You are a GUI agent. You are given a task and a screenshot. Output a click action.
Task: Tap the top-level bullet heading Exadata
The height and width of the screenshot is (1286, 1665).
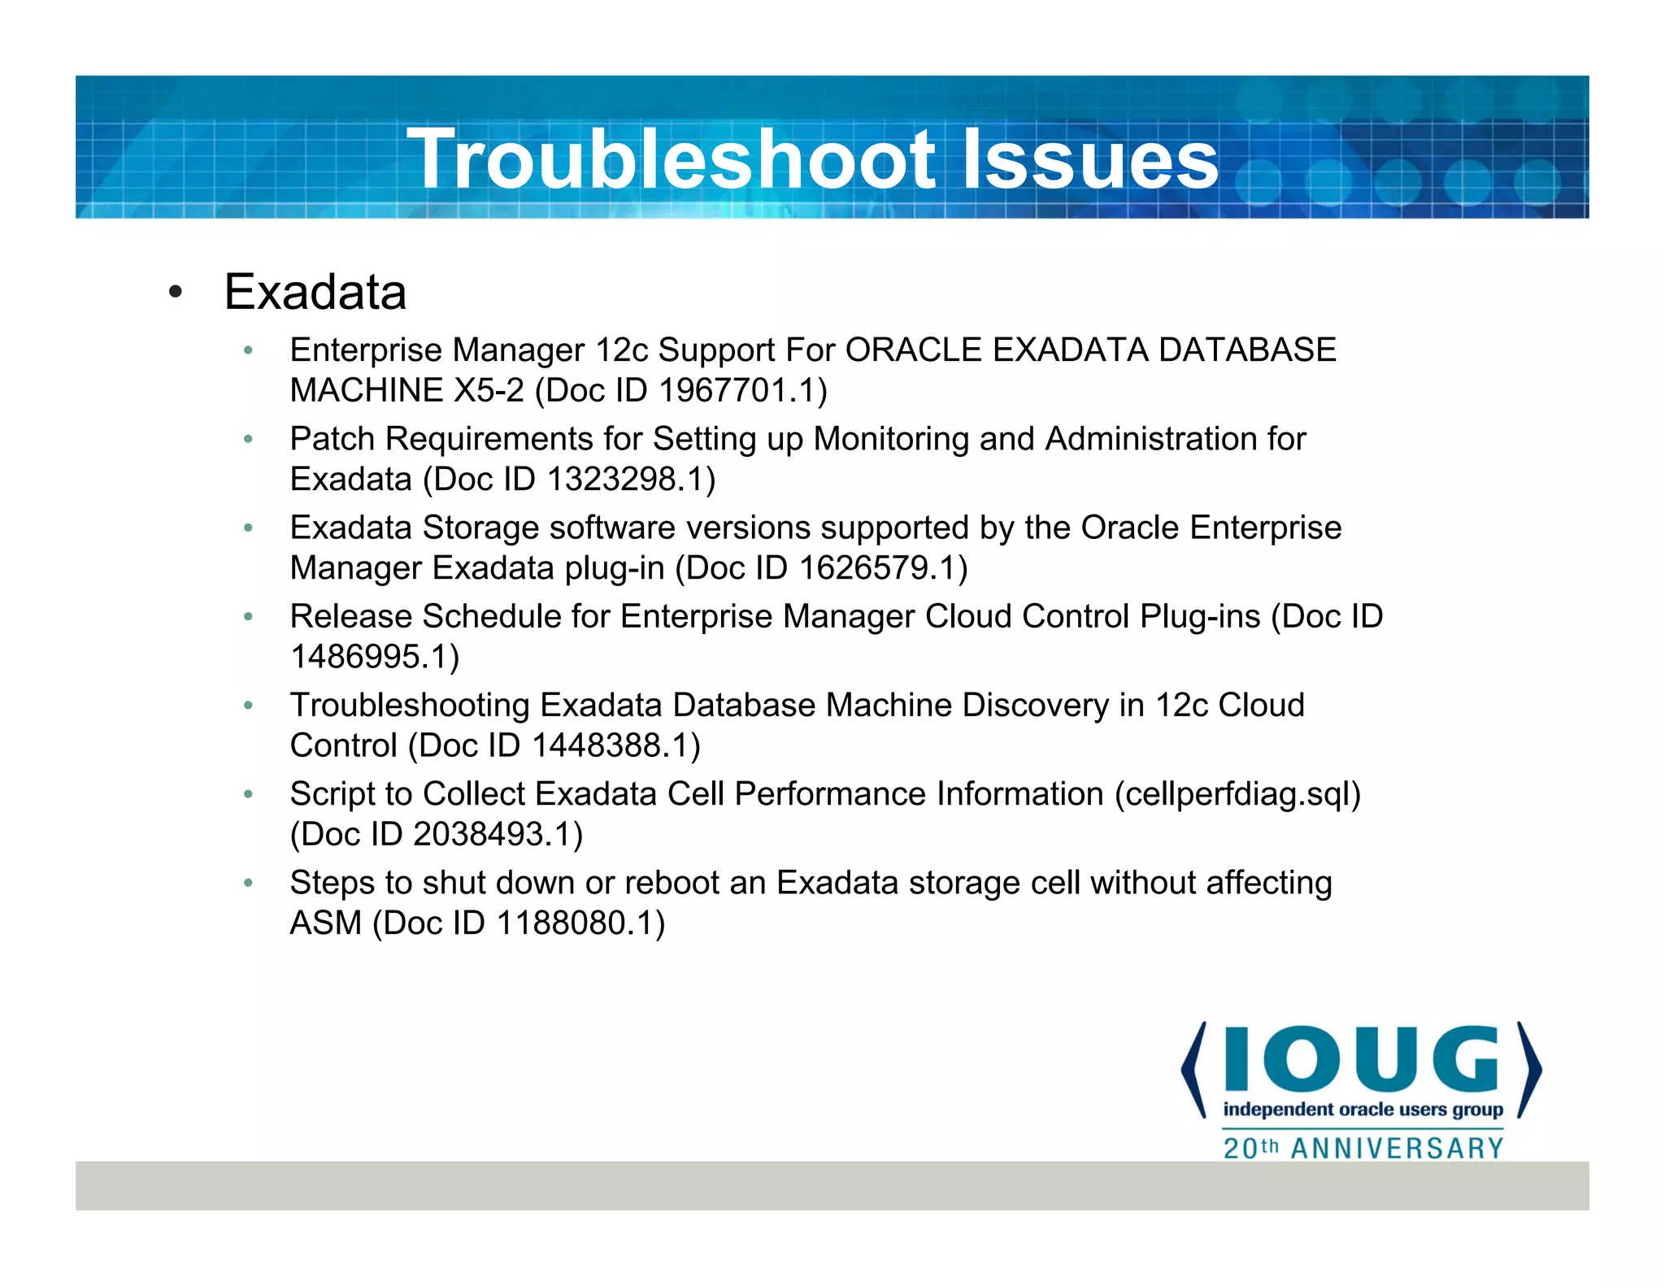click(315, 292)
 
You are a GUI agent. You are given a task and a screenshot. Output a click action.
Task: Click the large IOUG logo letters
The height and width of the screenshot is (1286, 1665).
click(1361, 1059)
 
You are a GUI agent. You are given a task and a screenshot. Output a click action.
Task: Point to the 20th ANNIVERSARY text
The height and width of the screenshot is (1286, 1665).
click(1363, 1149)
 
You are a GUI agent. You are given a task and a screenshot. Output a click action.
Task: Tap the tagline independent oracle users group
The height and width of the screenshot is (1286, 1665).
click(1363, 1110)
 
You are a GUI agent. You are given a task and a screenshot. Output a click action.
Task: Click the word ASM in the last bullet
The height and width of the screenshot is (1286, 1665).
click(325, 923)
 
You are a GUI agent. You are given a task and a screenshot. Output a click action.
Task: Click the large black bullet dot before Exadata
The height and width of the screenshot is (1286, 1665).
click(176, 293)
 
